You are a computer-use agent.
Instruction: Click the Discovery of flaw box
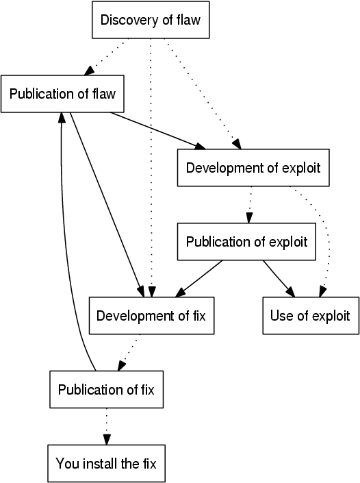(151, 20)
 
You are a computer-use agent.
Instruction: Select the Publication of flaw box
(62, 94)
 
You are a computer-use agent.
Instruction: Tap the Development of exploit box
(253, 168)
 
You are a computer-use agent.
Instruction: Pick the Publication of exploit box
(246, 242)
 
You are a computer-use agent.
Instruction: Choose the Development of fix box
(151, 316)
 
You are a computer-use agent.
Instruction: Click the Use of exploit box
(311, 316)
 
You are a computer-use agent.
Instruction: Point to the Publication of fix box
(107, 390)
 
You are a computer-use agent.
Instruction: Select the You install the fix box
(107, 464)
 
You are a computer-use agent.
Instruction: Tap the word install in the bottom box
(100, 464)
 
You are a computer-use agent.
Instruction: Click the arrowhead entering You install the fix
(107, 440)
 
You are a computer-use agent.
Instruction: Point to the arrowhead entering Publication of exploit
(249, 218)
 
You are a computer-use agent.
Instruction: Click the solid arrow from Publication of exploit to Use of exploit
(279, 279)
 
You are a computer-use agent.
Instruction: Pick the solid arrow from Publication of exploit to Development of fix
(198, 279)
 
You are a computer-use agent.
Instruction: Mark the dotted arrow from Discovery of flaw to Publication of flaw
(104, 57)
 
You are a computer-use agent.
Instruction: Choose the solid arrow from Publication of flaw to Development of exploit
(158, 131)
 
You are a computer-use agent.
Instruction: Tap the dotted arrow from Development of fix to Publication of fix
(127, 353)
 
